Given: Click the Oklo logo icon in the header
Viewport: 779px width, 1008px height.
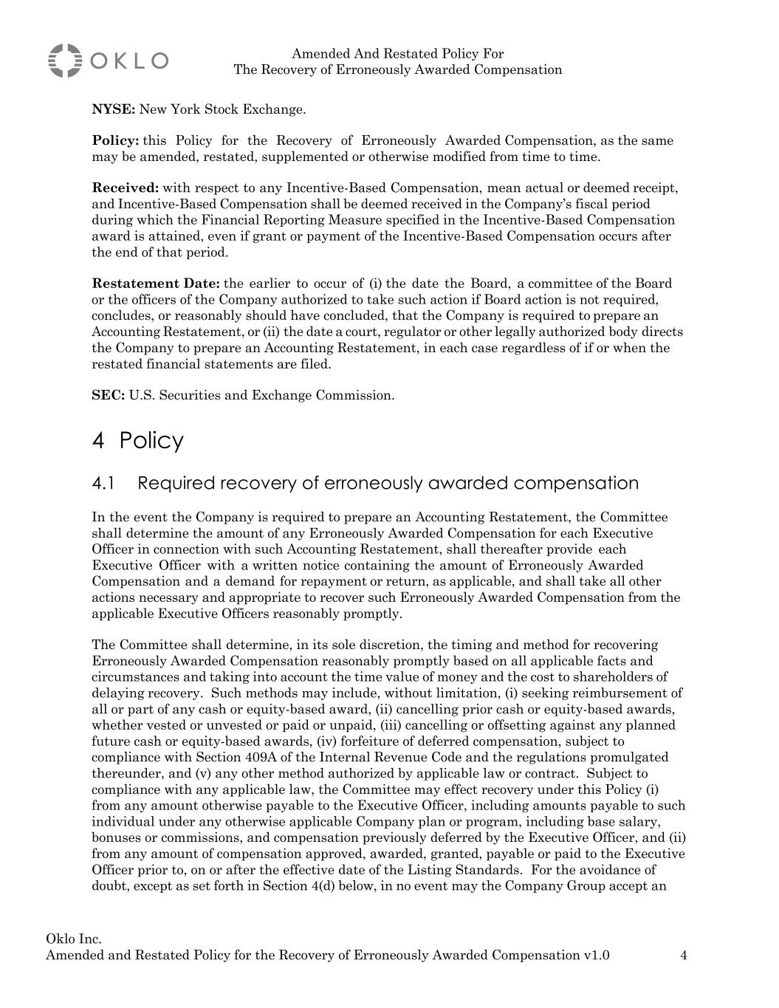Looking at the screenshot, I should click(x=65, y=61).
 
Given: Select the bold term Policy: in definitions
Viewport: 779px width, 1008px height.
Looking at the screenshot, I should click(x=115, y=141).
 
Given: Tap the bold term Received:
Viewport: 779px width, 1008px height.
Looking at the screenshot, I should click(x=125, y=188).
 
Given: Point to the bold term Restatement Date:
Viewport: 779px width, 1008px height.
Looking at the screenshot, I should click(x=156, y=284).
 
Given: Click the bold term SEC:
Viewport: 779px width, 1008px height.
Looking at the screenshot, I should click(x=108, y=395).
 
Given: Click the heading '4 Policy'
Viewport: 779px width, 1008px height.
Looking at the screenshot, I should click(x=137, y=441).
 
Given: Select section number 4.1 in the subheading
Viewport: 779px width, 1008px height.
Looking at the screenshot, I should click(x=104, y=484).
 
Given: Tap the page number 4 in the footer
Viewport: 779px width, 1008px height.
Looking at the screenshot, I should click(x=683, y=956).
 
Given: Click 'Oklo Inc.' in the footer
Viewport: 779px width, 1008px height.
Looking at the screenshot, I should click(x=74, y=939).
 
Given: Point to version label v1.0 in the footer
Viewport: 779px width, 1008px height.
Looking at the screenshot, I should click(x=596, y=956).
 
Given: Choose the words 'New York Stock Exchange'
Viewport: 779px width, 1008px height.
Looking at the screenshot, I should click(x=222, y=110).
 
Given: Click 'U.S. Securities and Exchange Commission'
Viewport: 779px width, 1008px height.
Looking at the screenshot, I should click(x=261, y=395).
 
